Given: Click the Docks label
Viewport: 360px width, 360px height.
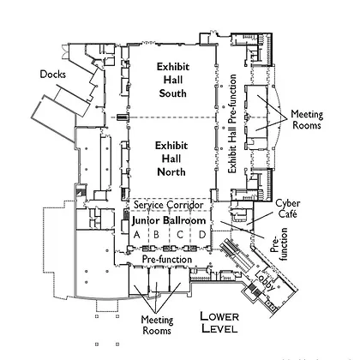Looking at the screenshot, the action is coord(52,75).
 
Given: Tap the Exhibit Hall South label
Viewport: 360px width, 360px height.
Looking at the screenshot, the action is coord(172,80).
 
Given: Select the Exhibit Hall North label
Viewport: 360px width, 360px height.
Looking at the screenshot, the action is coord(171,159).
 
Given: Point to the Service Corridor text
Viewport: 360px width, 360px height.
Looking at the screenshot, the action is coord(169,205).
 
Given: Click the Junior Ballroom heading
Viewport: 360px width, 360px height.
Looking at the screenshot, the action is coord(169,220).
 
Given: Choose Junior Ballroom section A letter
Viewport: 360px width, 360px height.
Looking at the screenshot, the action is coord(137,235).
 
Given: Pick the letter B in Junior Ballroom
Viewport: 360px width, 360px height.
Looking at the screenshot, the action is coord(156,235).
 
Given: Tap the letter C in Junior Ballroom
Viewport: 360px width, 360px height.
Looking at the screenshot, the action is coord(180,235).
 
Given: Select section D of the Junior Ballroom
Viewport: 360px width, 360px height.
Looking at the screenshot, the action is coord(202,235).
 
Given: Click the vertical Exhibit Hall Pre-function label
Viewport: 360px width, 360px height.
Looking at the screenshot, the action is coord(232,123).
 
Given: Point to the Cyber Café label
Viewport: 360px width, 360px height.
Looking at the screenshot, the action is coord(288,208).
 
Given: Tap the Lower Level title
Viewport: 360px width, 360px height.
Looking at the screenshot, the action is coord(219,322).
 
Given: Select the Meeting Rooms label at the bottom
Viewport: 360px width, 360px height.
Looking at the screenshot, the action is coord(157,325).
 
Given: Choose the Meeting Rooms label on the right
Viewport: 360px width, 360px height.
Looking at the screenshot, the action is coord(307,120).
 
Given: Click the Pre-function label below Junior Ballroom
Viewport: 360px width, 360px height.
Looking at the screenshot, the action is coord(167,260).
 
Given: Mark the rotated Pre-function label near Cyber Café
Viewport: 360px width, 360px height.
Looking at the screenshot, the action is coord(279,244).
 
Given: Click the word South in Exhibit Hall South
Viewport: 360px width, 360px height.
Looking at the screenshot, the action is coord(172,93).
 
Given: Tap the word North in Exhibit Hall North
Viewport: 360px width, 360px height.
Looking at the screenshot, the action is coord(171,172).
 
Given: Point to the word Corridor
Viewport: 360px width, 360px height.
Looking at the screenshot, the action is coord(185,205).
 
